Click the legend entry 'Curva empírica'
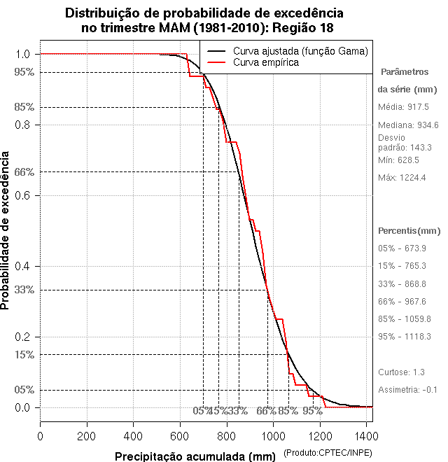266,63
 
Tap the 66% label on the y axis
24,171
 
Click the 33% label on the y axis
24,290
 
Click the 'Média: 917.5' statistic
404,107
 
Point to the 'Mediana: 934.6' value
408,125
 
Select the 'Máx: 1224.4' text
402,178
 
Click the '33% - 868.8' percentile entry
402,283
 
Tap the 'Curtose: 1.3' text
402,372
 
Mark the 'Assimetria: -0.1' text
407,390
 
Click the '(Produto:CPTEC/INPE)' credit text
328,454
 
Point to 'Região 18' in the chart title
296,28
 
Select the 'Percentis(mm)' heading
409,231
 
